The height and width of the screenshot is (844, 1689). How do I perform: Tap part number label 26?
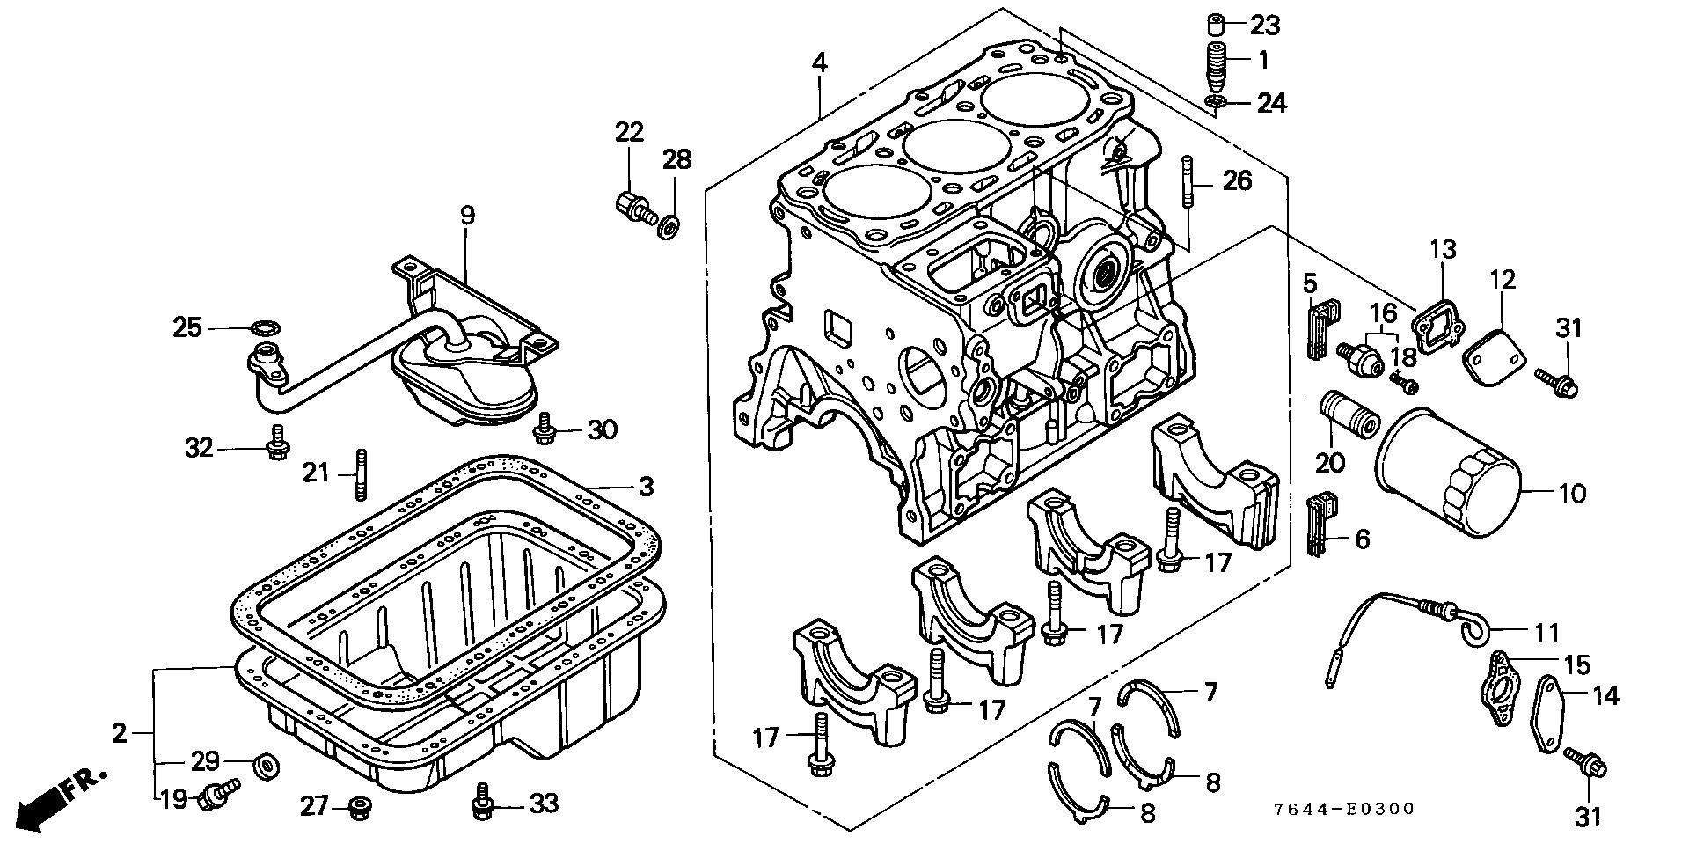[1236, 181]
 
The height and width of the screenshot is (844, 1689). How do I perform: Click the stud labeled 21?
[360, 474]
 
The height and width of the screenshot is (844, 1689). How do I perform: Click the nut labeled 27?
[357, 806]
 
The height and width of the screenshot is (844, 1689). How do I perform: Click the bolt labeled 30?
[545, 428]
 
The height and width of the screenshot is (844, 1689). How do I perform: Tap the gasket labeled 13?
[1437, 330]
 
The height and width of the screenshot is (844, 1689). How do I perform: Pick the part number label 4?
[819, 62]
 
